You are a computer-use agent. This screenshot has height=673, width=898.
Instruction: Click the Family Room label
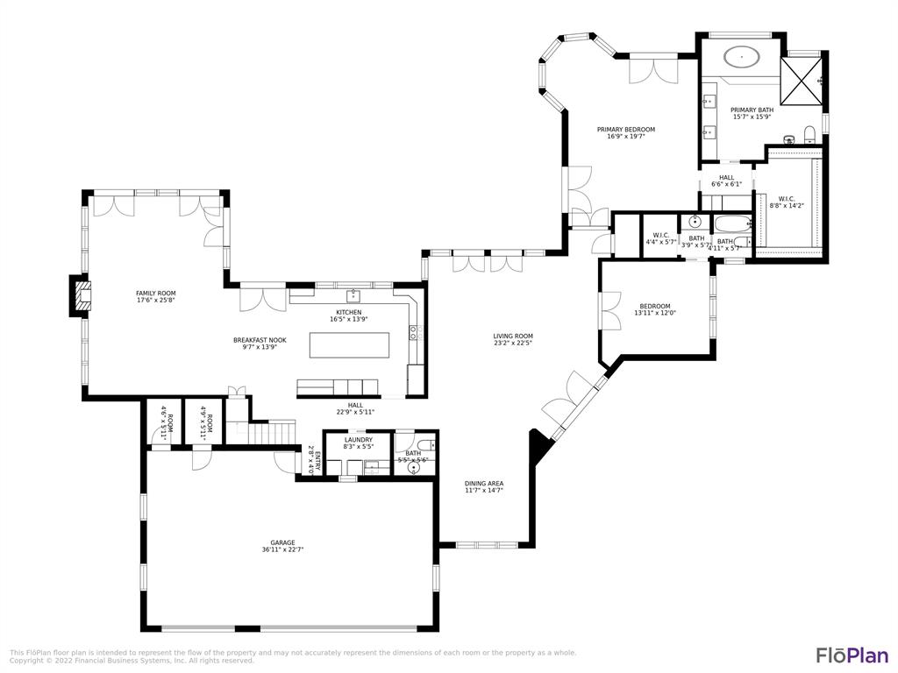[155, 294]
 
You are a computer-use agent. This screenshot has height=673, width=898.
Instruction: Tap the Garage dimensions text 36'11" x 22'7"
[282, 550]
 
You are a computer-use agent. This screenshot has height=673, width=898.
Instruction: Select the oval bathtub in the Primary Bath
[742, 58]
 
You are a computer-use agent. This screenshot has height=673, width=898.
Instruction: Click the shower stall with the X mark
[802, 80]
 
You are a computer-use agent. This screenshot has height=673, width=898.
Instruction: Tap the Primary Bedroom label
[626, 130]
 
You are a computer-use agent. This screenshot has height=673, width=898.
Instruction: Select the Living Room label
[513, 336]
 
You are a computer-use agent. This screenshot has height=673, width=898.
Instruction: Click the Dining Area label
[484, 483]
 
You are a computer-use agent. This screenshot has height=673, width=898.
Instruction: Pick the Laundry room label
[358, 440]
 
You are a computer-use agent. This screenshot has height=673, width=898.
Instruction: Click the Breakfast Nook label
[260, 340]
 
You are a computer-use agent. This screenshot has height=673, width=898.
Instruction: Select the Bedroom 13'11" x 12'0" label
[654, 306]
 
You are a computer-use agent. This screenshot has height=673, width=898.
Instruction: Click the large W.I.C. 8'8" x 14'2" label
[787, 199]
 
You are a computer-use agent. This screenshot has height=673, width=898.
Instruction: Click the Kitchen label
[348, 313]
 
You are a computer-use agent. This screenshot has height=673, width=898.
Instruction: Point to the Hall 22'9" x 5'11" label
[355, 406]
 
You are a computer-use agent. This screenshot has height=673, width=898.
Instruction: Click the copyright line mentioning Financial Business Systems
[132, 661]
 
